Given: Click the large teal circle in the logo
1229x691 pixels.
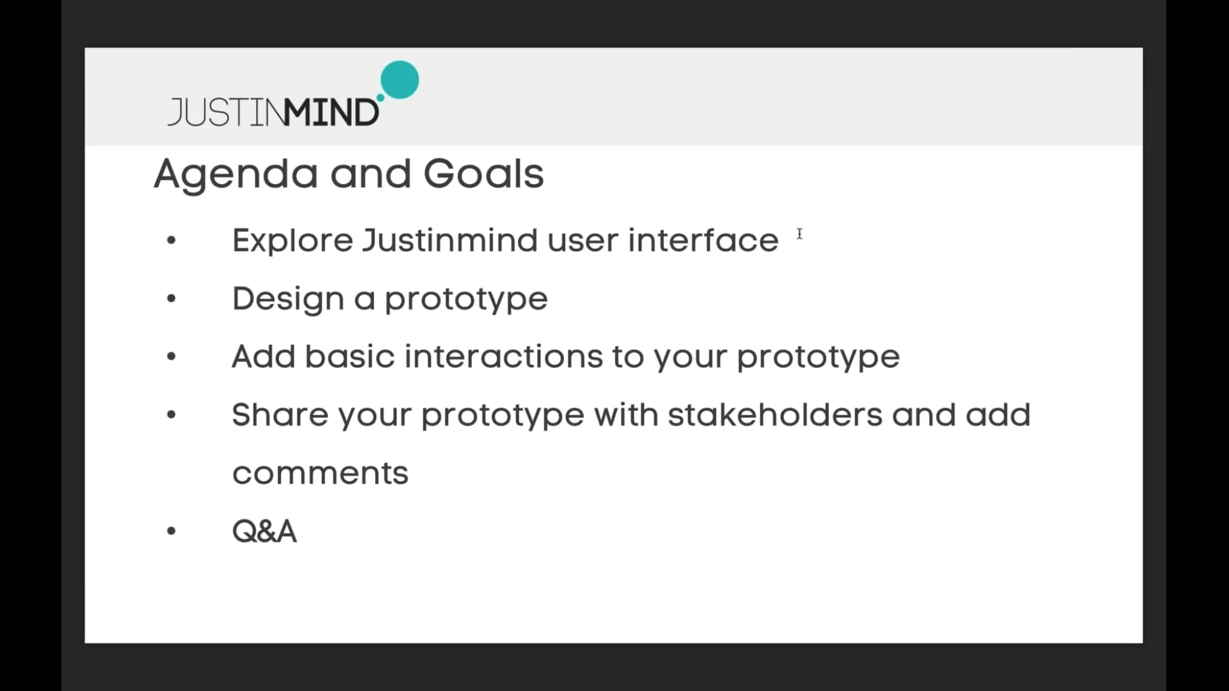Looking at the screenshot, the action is coord(399,80).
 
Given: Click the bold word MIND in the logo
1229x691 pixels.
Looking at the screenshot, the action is coord(332,113).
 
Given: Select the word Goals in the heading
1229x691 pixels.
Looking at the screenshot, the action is coord(483,174).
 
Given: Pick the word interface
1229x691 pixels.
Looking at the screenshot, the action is coord(703,241).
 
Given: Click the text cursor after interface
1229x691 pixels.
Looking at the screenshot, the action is coord(799,234).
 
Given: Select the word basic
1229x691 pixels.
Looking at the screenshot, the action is coord(349,356).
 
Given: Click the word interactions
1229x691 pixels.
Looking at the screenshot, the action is coord(503,356).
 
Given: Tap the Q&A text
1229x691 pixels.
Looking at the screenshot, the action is coord(264,531).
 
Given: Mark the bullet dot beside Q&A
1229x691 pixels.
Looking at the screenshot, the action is coord(171,531).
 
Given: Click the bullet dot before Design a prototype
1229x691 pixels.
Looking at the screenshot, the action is coord(171,298).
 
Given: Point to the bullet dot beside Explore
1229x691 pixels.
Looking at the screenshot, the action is coord(171,241).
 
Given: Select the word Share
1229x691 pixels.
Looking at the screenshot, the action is coord(280,415).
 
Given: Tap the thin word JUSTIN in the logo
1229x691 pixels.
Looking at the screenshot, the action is coord(225,113).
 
